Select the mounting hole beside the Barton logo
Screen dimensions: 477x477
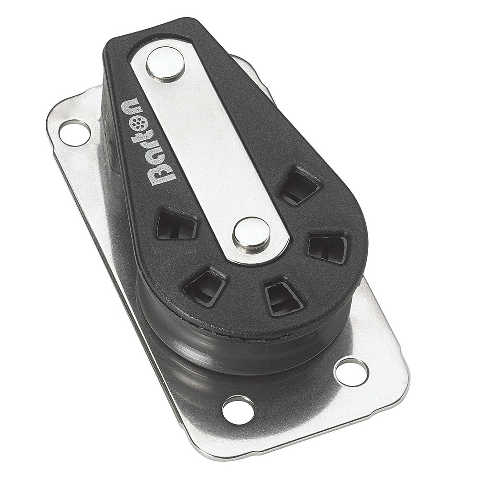pos(74,132)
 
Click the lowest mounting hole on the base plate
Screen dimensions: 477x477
pos(238,409)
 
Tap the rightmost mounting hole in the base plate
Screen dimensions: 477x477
pos(351,371)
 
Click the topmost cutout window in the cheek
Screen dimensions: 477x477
pos(299,185)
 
